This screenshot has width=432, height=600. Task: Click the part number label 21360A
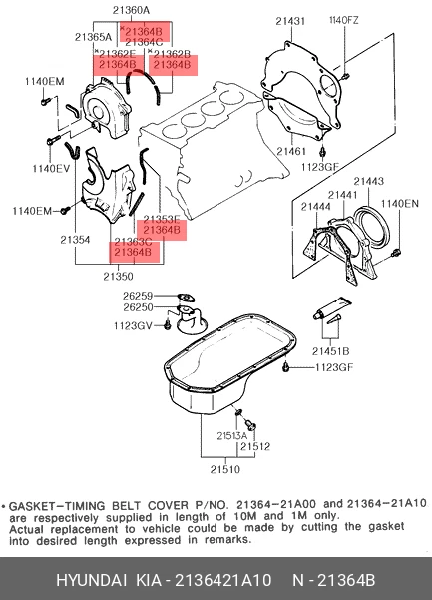131,11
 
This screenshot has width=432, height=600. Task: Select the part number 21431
291,20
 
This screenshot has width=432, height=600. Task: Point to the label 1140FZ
344,20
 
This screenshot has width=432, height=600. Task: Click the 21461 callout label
292,152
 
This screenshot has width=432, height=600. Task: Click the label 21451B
330,351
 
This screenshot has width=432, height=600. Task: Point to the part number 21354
74,241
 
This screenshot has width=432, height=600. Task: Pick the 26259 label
138,296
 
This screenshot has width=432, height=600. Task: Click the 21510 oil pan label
224,468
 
